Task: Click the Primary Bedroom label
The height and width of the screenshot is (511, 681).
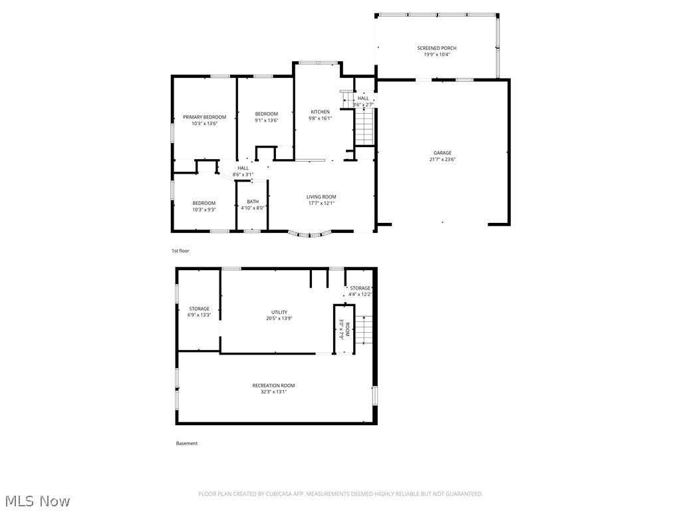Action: click(204, 117)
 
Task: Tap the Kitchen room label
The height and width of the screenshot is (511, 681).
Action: click(320, 112)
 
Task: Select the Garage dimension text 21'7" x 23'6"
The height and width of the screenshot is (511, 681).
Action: click(442, 160)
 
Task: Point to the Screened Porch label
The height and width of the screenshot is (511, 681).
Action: click(436, 48)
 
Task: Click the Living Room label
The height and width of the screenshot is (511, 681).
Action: click(321, 197)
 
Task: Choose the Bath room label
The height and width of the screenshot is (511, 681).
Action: click(253, 202)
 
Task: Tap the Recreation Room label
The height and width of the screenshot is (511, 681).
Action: click(273, 386)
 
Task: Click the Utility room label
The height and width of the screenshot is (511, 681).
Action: click(279, 312)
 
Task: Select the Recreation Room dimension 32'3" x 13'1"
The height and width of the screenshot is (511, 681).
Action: click(273, 392)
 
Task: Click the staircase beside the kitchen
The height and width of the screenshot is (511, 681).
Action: click(364, 127)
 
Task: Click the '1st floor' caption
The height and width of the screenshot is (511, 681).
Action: click(180, 251)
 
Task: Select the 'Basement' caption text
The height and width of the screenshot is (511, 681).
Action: click(186, 443)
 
